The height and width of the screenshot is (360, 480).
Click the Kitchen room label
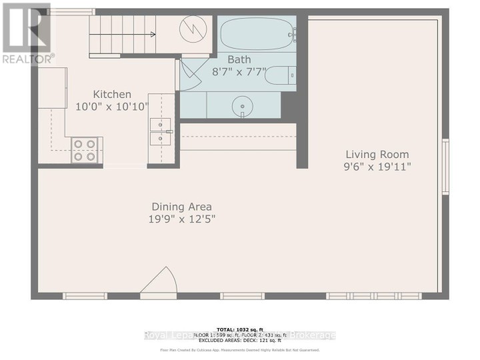pos(112,94)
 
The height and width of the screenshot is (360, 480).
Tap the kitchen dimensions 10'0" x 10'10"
pos(112,106)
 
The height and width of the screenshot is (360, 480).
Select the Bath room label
pos(239,59)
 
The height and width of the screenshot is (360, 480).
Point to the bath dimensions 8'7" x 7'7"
pos(239,71)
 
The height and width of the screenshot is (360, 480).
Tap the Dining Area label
pos(181,207)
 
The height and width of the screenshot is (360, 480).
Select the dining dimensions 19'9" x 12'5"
pos(181,219)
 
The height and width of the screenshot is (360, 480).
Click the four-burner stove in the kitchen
pos(85,150)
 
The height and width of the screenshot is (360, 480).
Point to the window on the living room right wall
pos(445,167)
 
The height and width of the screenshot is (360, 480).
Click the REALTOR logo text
pos(27,59)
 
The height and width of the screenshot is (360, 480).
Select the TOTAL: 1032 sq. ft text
pos(239,329)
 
